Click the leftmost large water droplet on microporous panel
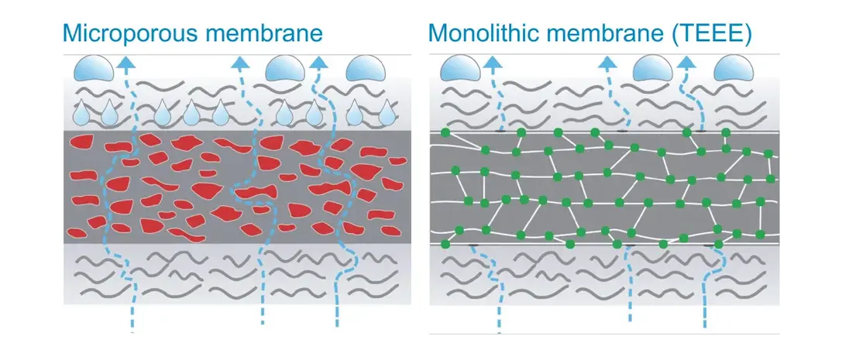click(94, 67)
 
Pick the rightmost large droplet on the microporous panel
click(366, 67)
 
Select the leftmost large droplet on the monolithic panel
click(460, 68)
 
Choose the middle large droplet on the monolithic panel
click(652, 68)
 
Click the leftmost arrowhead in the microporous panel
click(126, 62)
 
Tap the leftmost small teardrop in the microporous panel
click(81, 113)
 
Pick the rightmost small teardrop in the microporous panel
click(386, 113)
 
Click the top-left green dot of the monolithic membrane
click(445, 132)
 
